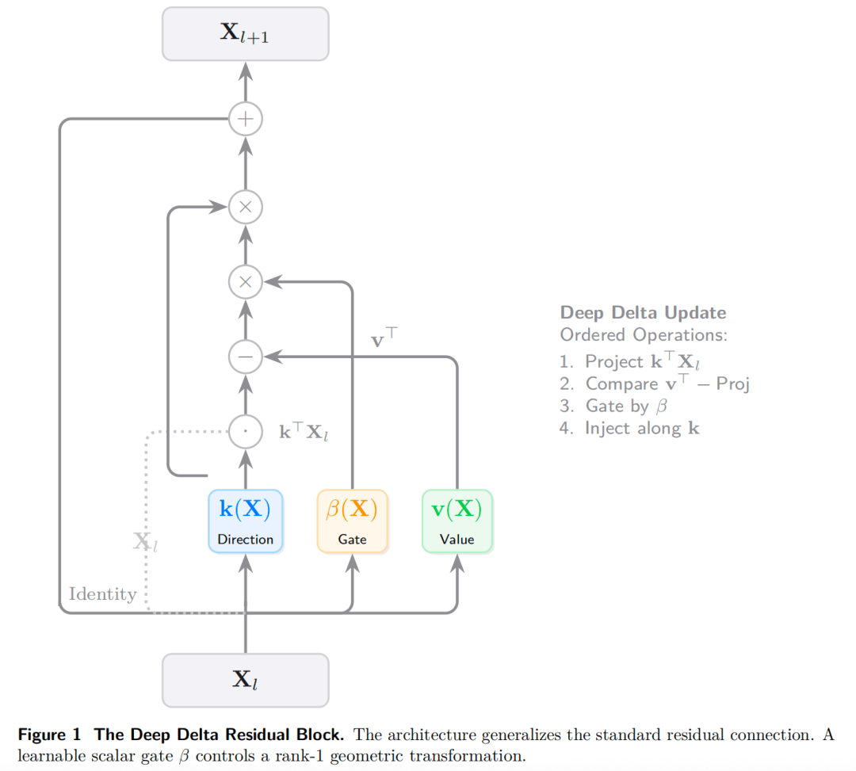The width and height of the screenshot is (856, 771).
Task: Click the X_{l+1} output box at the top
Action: (245, 34)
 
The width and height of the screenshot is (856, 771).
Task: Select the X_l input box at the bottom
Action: (245, 680)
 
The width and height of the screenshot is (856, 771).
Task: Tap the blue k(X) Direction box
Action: (245, 521)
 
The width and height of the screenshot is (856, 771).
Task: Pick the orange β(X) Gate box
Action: (352, 521)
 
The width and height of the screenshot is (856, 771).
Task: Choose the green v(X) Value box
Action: (457, 521)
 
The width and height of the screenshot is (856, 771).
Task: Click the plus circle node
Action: (246, 120)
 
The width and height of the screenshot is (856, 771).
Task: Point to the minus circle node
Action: (246, 357)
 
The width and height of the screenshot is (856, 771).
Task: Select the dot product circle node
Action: (246, 432)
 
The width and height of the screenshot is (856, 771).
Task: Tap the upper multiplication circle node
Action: (246, 208)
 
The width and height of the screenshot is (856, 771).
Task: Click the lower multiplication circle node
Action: (246, 281)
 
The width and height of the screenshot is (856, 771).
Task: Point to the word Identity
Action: (102, 594)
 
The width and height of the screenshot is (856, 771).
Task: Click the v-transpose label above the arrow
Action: (384, 339)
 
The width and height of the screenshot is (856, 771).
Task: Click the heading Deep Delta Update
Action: (643, 312)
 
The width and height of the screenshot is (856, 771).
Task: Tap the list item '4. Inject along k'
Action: (629, 428)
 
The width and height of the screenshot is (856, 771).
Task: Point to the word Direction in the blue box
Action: (245, 540)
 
